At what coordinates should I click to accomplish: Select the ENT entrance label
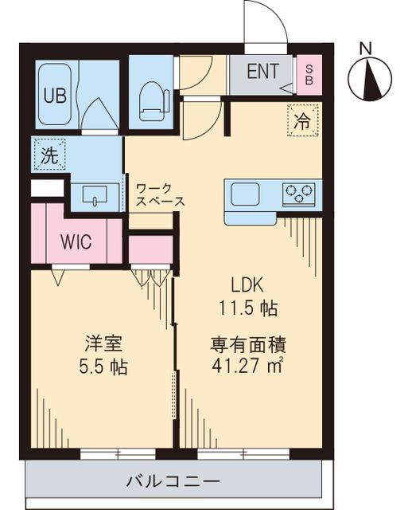click(262, 72)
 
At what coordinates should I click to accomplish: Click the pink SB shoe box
click(309, 76)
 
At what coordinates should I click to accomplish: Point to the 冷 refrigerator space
click(302, 121)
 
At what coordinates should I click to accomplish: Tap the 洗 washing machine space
click(49, 155)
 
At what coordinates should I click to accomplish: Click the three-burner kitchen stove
click(299, 193)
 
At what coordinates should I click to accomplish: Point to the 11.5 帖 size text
click(248, 307)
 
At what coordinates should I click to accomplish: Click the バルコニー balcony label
click(173, 481)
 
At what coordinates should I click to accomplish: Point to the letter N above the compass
click(366, 48)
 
